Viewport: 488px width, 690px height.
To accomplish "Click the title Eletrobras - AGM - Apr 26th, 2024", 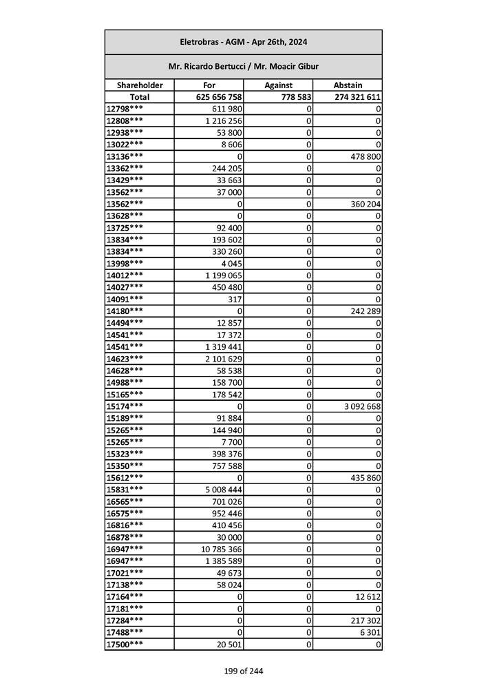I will pyautogui.click(x=243, y=42).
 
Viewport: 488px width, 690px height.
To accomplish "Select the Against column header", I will pyautogui.click(x=278, y=85).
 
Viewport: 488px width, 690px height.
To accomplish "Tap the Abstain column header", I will pyautogui.click(x=348, y=85).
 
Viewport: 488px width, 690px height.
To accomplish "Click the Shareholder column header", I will pyautogui.click(x=139, y=85).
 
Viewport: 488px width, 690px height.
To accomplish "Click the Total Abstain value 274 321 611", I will pyautogui.click(x=357, y=98).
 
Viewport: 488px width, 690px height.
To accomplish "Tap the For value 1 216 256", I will pyautogui.click(x=223, y=121).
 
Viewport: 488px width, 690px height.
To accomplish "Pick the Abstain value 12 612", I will pyautogui.click(x=366, y=596).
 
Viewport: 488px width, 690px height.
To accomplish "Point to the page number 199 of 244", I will pyautogui.click(x=243, y=671).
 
